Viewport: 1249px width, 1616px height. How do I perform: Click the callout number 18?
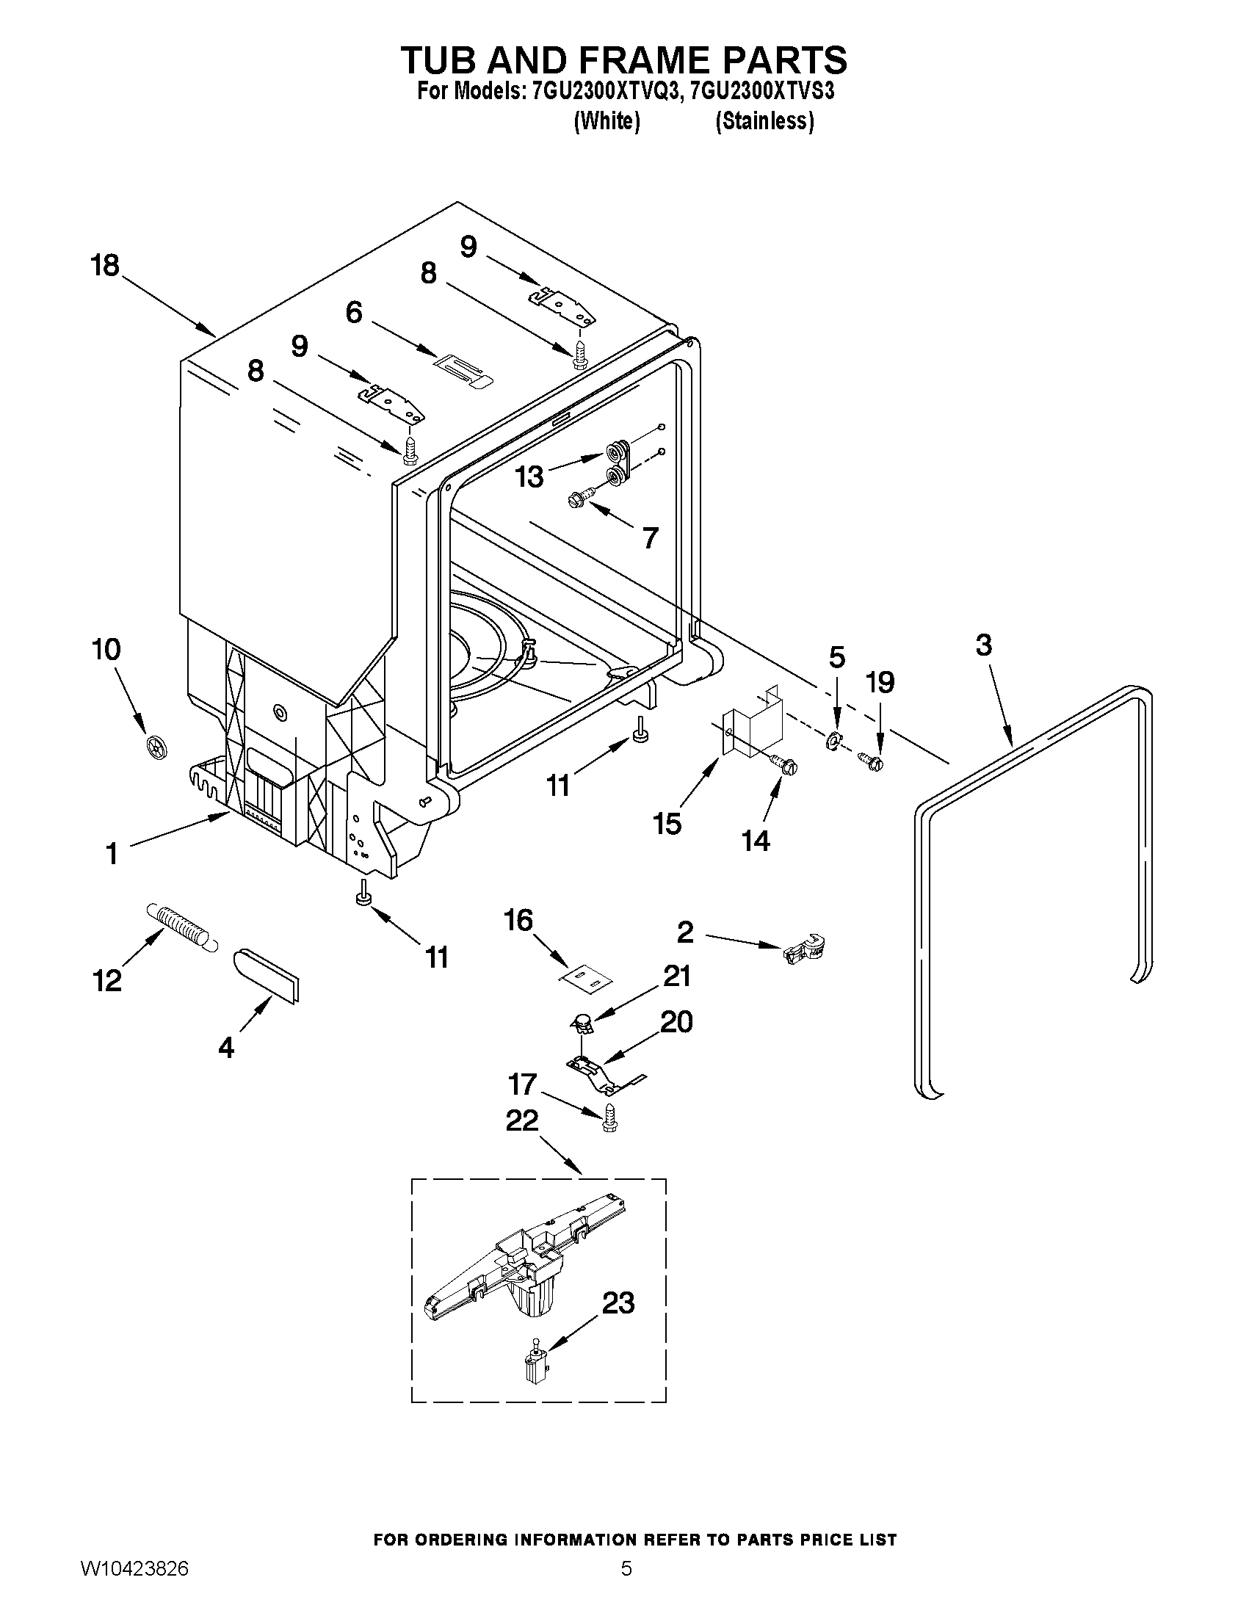click(105, 265)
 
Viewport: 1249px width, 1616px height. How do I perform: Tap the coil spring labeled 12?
click(182, 926)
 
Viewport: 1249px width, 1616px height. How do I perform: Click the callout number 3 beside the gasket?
click(982, 645)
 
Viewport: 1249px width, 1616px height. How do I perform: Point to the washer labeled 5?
click(833, 739)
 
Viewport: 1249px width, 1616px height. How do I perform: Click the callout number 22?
click(521, 1121)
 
